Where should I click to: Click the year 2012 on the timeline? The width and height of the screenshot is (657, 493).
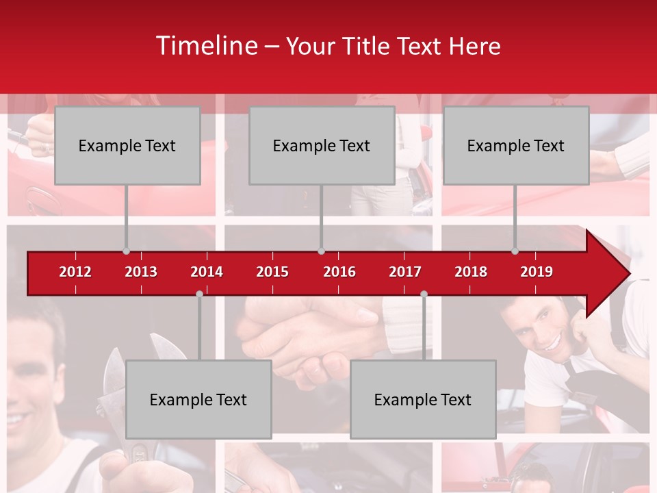point(75,272)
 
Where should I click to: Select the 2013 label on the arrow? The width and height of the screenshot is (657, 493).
point(141,272)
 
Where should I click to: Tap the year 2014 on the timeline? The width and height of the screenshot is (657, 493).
point(207,272)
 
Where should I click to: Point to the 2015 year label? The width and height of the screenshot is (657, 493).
point(272,272)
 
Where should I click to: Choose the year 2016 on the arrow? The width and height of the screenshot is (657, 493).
point(339,272)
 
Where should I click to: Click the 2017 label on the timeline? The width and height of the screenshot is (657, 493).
point(405,272)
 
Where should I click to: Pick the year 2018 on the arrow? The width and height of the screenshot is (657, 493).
point(471,272)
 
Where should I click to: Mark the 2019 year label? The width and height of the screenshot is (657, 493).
point(537,272)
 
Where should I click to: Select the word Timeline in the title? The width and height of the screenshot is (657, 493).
point(206,46)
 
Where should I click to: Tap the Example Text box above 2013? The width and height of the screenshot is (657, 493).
point(127,145)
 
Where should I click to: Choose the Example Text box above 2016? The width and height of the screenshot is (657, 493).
point(322,145)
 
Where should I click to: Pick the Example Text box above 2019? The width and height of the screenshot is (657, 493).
point(516,145)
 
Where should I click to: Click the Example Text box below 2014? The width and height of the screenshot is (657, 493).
point(198,399)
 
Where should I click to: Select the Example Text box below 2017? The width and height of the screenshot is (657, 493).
point(423,399)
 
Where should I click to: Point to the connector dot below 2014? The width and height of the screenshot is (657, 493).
point(199,294)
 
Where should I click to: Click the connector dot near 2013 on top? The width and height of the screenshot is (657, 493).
point(126,251)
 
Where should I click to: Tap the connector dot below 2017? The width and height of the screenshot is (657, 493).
point(424,294)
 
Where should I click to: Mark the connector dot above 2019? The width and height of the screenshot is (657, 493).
point(515,251)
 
